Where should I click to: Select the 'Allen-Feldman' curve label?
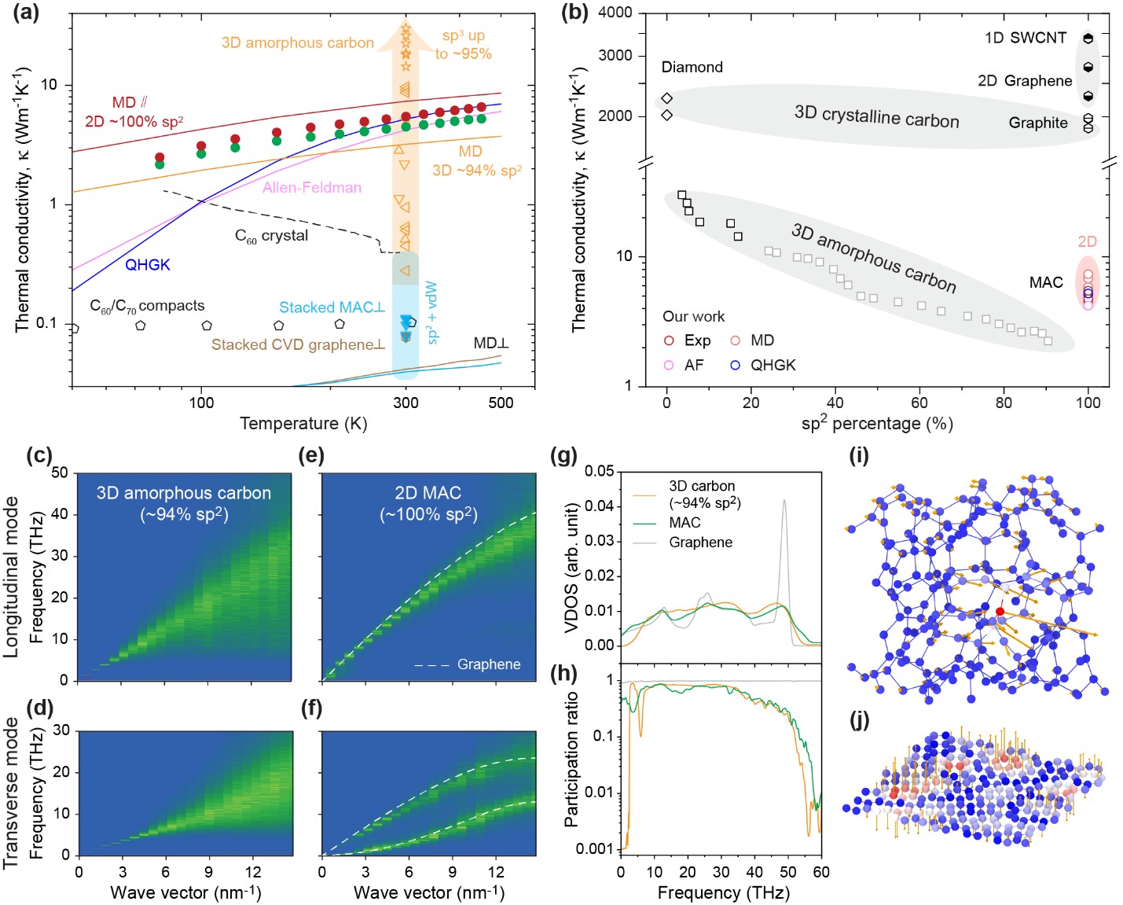311,187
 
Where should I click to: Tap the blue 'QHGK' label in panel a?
148,265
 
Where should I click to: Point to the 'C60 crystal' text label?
272,236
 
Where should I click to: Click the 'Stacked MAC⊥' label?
332,307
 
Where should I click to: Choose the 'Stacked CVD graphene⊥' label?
298,344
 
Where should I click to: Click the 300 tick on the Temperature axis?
406,403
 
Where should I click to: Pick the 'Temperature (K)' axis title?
303,424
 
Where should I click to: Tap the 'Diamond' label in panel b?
692,67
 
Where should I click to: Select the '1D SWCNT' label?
1026,38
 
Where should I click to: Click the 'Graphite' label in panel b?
1038,123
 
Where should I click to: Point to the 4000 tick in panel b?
615,13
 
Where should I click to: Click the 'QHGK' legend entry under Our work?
762,365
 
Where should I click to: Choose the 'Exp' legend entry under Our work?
688,340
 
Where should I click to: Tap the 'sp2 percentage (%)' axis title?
876,424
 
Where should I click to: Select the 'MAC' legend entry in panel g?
684,522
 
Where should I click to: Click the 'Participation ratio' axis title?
571,759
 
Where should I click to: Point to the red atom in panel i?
1000,611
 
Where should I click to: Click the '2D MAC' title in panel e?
428,493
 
